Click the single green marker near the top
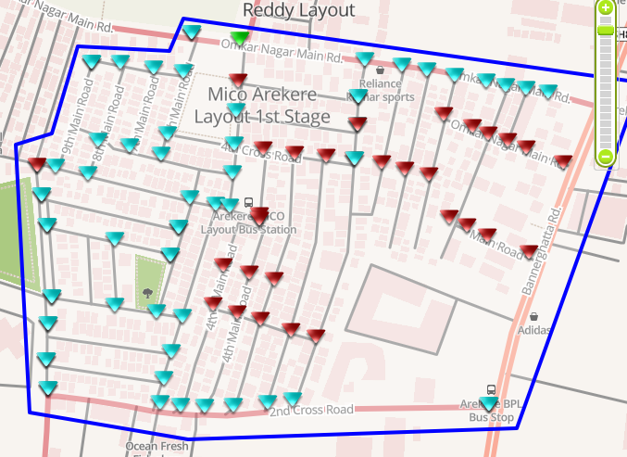click(x=240, y=38)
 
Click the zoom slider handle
click(x=605, y=30)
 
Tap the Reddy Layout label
click(x=298, y=10)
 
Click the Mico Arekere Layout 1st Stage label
click(x=262, y=106)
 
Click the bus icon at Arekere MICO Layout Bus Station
click(x=248, y=202)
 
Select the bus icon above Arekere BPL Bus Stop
click(x=491, y=391)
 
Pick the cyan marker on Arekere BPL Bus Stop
click(x=489, y=404)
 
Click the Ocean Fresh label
click(x=157, y=447)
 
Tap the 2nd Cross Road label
click(x=312, y=410)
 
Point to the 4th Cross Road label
click(x=262, y=151)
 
